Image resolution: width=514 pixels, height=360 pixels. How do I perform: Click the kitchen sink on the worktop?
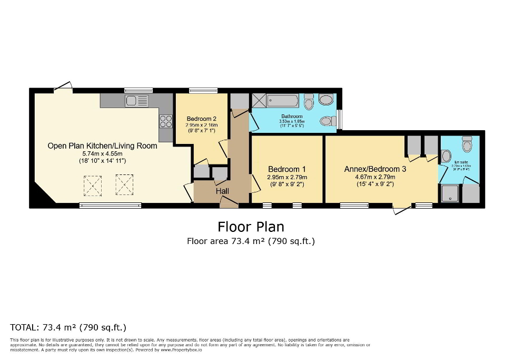(x=137, y=101)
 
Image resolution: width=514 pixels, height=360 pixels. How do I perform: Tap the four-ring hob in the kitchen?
(x=165, y=121)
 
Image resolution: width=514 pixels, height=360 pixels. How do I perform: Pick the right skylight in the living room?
(x=124, y=185)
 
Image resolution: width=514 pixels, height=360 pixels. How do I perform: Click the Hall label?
(x=222, y=192)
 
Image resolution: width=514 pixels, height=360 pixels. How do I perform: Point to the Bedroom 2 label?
(x=201, y=119)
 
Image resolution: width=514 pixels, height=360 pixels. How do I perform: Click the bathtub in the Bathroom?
(x=284, y=100)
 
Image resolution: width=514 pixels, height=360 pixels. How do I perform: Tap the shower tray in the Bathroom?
(x=259, y=100)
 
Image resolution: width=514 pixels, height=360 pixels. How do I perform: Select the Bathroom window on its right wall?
(x=340, y=119)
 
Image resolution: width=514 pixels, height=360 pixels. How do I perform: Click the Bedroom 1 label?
(x=287, y=169)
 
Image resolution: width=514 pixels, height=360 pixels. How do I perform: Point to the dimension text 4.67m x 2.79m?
(x=375, y=177)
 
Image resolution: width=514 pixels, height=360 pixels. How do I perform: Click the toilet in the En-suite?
(x=467, y=144)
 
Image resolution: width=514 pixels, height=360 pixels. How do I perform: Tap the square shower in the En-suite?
(x=449, y=193)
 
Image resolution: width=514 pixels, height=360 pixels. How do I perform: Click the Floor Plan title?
(x=251, y=227)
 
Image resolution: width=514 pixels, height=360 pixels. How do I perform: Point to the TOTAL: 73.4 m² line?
(x=68, y=327)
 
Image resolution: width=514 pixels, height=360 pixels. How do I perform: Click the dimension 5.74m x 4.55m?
(x=102, y=153)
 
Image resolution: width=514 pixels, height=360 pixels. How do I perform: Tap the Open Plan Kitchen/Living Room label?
(x=102, y=145)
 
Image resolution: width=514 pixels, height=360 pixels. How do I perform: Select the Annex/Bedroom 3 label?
(x=375, y=169)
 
